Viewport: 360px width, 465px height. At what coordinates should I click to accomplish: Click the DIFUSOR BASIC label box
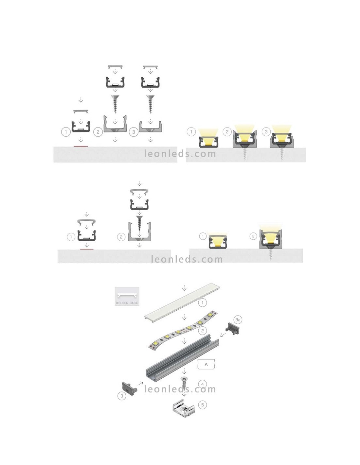(x=127, y=296)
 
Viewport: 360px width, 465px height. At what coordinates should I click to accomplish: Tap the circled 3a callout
(x=238, y=320)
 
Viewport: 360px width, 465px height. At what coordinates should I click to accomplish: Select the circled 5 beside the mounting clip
(x=202, y=405)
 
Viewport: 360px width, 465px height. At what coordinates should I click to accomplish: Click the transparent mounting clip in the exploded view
(x=184, y=408)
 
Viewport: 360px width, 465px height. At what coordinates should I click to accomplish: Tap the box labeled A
(x=206, y=364)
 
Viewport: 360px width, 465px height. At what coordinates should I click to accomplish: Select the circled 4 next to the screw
(x=202, y=384)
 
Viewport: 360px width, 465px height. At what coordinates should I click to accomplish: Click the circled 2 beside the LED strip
(x=202, y=331)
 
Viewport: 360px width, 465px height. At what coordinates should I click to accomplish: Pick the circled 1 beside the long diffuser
(x=202, y=302)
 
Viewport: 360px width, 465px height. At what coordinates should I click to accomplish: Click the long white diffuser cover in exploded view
(x=182, y=303)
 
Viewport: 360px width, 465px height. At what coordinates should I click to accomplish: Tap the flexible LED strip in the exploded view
(x=183, y=331)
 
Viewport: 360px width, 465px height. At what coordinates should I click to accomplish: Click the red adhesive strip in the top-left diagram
(x=81, y=146)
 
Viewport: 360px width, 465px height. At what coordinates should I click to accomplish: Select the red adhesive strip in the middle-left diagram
(x=87, y=249)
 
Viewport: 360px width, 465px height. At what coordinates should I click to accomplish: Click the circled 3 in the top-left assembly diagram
(x=134, y=132)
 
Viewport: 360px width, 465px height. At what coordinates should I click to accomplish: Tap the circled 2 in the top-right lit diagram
(x=227, y=131)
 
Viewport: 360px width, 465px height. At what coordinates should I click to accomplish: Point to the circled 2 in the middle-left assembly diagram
(x=121, y=237)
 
